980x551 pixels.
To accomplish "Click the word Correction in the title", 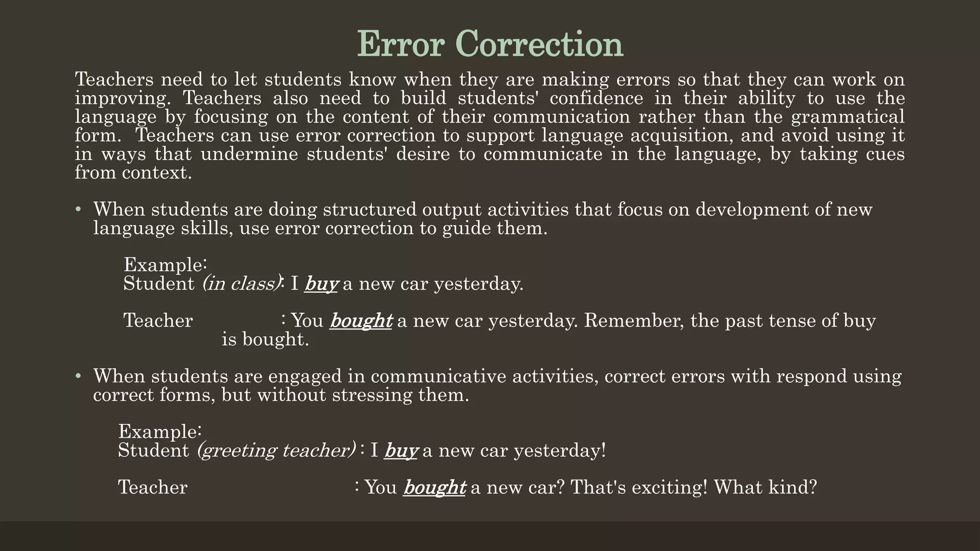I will coord(542,44).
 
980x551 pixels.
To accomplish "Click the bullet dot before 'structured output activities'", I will coord(78,209).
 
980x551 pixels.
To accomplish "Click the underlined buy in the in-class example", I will coord(322,284).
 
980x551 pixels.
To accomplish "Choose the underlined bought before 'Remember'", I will coord(361,320).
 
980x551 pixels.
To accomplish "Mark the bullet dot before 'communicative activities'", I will coord(78,376).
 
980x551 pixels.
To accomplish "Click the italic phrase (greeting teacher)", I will coord(277,451).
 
